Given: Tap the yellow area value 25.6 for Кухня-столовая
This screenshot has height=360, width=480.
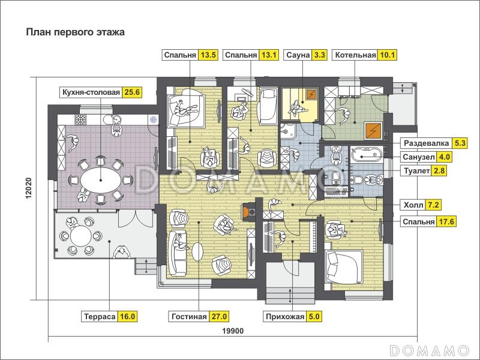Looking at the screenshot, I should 132,92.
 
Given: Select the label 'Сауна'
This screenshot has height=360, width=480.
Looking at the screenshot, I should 298,55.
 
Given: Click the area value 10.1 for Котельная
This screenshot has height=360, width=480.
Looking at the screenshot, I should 388,55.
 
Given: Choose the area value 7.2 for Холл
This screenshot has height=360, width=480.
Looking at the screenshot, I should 433,205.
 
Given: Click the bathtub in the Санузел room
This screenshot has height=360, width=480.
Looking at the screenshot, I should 365,154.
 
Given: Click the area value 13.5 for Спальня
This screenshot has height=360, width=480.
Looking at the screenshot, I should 208,55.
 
